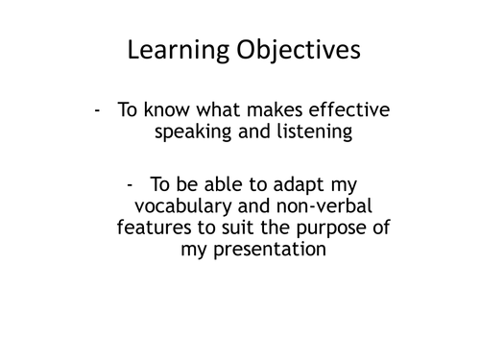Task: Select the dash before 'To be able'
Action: coord(131,182)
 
